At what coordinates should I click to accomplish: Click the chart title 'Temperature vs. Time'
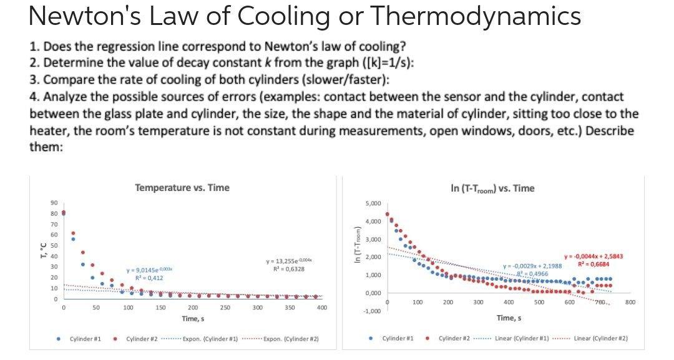tap(182, 187)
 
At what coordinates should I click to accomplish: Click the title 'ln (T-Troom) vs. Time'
tap(492, 188)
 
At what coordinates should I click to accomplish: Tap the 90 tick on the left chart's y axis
tap(53, 202)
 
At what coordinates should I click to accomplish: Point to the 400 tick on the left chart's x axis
tap(322, 308)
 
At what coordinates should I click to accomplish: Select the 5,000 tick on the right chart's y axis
tap(373, 203)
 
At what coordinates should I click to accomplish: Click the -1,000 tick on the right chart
tap(372, 311)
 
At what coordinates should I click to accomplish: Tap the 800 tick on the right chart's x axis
tap(630, 302)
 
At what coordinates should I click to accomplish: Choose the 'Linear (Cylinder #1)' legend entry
tap(526, 338)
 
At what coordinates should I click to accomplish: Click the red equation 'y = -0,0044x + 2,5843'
tap(593, 256)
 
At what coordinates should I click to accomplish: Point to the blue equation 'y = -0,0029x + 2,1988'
tap(532, 266)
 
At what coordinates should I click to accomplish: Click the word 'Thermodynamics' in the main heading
tap(476, 16)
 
